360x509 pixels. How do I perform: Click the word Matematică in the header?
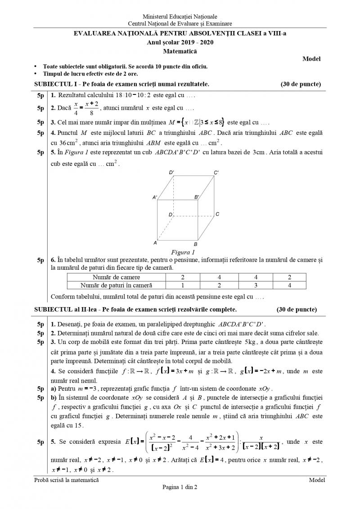click(x=180, y=51)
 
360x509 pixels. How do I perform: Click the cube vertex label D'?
click(x=171, y=173)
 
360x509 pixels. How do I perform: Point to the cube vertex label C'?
click(x=216, y=173)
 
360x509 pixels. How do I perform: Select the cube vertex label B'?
click(x=197, y=197)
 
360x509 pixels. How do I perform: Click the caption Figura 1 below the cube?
click(x=180, y=252)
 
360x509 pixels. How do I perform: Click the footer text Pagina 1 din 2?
click(x=180, y=487)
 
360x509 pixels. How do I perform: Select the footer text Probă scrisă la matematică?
click(x=67, y=480)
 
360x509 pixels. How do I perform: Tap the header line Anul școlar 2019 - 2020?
click(x=180, y=43)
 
